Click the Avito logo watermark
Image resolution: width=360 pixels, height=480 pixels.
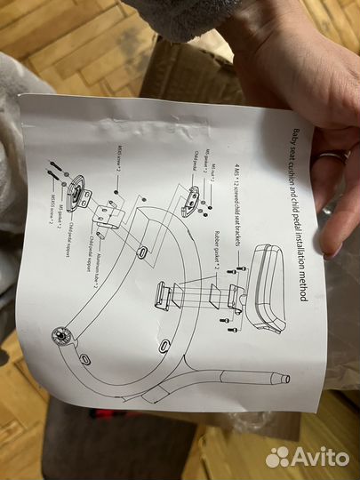tap(307, 456)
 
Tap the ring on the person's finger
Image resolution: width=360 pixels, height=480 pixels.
tap(332, 158)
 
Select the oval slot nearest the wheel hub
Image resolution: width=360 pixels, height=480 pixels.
tap(86, 356)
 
